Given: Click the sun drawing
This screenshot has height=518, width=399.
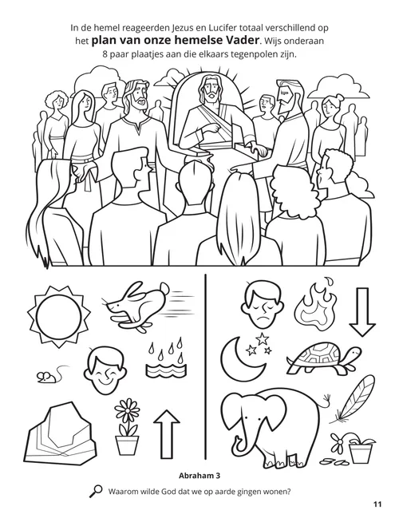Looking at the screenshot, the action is tap(59, 317).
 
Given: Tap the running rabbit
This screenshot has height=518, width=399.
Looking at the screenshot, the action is tap(136, 305).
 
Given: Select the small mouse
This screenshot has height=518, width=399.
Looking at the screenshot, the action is tap(46, 375).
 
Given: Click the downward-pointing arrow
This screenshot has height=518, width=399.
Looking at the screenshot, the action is tap(362, 311).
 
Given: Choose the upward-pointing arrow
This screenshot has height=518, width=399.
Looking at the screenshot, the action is tap(167, 434).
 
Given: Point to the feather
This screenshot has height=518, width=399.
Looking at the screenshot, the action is tap(355, 397).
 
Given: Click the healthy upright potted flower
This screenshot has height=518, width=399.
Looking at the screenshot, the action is tap(127, 426).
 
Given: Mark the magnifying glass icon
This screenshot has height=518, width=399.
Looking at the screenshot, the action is tap(96, 491).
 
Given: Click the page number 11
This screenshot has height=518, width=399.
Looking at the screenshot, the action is tap(377, 504).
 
